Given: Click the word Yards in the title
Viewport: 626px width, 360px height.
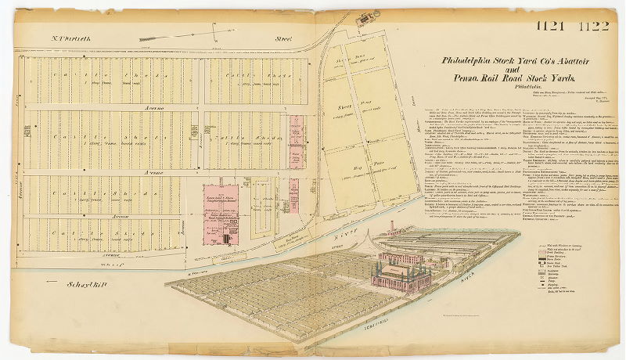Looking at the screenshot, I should (559, 79).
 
